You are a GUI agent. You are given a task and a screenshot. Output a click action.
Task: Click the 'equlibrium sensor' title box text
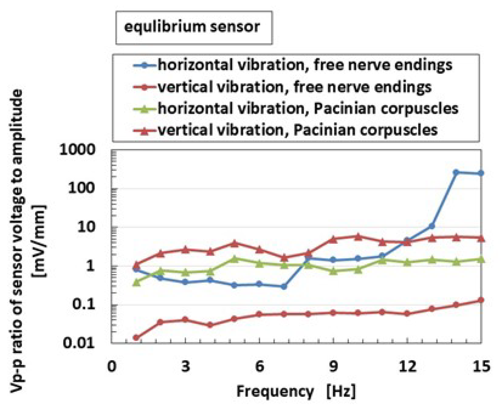click(x=192, y=27)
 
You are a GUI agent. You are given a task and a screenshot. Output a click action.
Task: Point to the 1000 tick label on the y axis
click(x=77, y=150)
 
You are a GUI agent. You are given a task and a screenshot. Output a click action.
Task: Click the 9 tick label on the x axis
click(x=333, y=366)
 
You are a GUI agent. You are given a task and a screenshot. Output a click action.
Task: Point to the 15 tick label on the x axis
click(x=481, y=366)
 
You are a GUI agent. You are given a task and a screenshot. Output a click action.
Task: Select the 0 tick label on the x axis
click(x=112, y=366)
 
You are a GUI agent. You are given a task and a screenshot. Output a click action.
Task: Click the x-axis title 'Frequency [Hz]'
click(x=296, y=391)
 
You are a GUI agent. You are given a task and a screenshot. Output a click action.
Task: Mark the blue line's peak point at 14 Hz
click(x=456, y=172)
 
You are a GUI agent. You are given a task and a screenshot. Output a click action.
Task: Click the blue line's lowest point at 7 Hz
click(x=284, y=287)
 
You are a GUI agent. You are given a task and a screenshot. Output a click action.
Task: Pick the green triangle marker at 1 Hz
click(x=136, y=282)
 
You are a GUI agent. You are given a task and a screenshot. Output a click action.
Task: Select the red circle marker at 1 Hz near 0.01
click(x=136, y=338)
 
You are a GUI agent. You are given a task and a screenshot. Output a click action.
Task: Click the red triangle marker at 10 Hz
click(x=358, y=237)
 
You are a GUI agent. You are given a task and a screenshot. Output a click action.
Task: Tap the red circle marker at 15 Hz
click(x=481, y=300)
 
